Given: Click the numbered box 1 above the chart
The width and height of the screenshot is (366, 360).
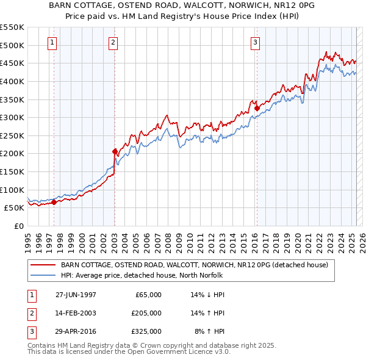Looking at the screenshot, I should pyautogui.click(x=52, y=42).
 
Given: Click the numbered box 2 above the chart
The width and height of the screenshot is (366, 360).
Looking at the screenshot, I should pyautogui.click(x=113, y=42).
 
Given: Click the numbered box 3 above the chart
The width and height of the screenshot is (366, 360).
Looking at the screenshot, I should pyautogui.click(x=255, y=42).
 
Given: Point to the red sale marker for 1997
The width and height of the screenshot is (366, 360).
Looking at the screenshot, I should pyautogui.click(x=54, y=202).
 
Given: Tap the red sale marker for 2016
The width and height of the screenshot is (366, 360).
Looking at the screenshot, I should pyautogui.click(x=257, y=108).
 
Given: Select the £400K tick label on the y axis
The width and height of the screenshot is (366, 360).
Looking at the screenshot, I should pyautogui.click(x=12, y=81).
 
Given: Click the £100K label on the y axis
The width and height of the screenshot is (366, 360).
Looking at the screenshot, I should pyautogui.click(x=12, y=190).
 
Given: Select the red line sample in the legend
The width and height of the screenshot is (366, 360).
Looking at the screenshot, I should pyautogui.click(x=44, y=265).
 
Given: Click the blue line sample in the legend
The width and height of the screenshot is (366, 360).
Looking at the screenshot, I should pyautogui.click(x=44, y=275).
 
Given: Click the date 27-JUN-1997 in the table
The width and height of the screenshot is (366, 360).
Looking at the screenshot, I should pyautogui.click(x=76, y=295).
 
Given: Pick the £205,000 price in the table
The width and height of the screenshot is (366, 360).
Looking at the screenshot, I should pyautogui.click(x=146, y=313).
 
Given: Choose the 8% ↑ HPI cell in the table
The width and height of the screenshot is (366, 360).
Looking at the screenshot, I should pyautogui.click(x=210, y=331).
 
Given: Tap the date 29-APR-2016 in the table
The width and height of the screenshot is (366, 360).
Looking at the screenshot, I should pyautogui.click(x=76, y=331).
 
